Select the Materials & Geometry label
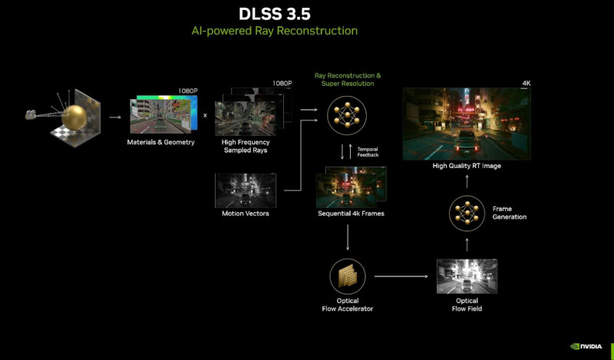(160, 143)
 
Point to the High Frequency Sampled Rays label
(245, 147)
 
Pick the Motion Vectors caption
(245, 213)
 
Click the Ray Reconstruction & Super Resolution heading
(347, 80)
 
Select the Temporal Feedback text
(368, 151)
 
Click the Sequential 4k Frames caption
(351, 213)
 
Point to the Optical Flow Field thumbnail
(467, 276)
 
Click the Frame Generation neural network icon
(467, 213)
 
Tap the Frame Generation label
(510, 213)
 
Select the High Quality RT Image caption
(467, 166)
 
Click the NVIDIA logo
(588, 346)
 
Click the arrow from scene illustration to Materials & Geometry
(114, 117)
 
